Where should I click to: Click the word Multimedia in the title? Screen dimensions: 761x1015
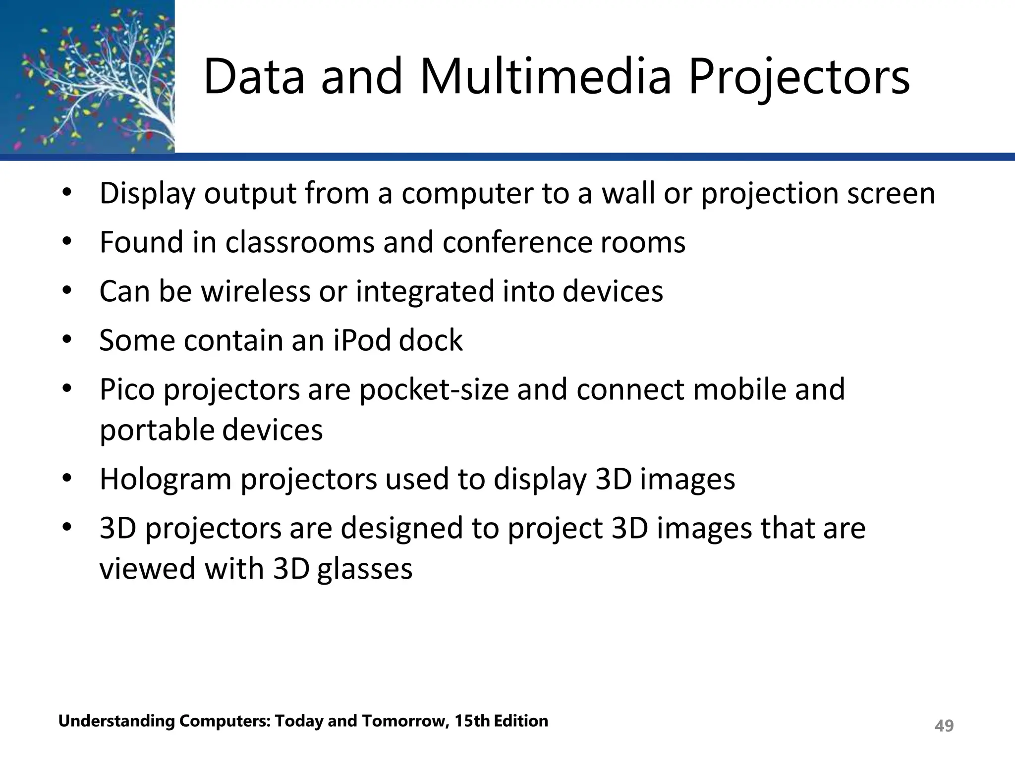click(x=546, y=77)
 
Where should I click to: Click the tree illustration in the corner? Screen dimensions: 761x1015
click(x=87, y=77)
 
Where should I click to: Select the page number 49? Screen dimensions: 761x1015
click(x=944, y=726)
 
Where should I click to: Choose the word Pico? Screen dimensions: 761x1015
click(x=127, y=389)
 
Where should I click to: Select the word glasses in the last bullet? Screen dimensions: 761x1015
click(x=364, y=569)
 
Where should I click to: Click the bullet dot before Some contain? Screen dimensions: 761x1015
click(x=67, y=340)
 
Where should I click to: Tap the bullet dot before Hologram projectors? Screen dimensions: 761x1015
click(x=67, y=479)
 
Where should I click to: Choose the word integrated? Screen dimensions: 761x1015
click(x=425, y=292)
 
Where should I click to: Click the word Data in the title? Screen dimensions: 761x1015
click(x=254, y=77)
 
